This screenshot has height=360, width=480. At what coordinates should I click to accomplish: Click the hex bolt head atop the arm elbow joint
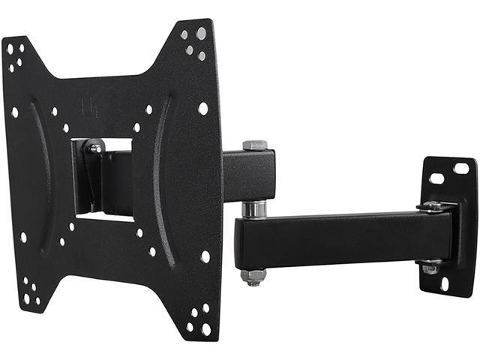click(254, 145)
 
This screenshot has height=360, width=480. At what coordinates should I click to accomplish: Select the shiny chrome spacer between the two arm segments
click(253, 208)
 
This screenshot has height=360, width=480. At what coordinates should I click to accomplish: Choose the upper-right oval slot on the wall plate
click(460, 169)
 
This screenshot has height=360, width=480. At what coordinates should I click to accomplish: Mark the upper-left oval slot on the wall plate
click(436, 178)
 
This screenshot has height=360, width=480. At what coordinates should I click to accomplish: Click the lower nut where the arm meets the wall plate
click(430, 266)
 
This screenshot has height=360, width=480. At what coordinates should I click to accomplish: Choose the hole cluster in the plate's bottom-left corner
click(30, 292)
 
